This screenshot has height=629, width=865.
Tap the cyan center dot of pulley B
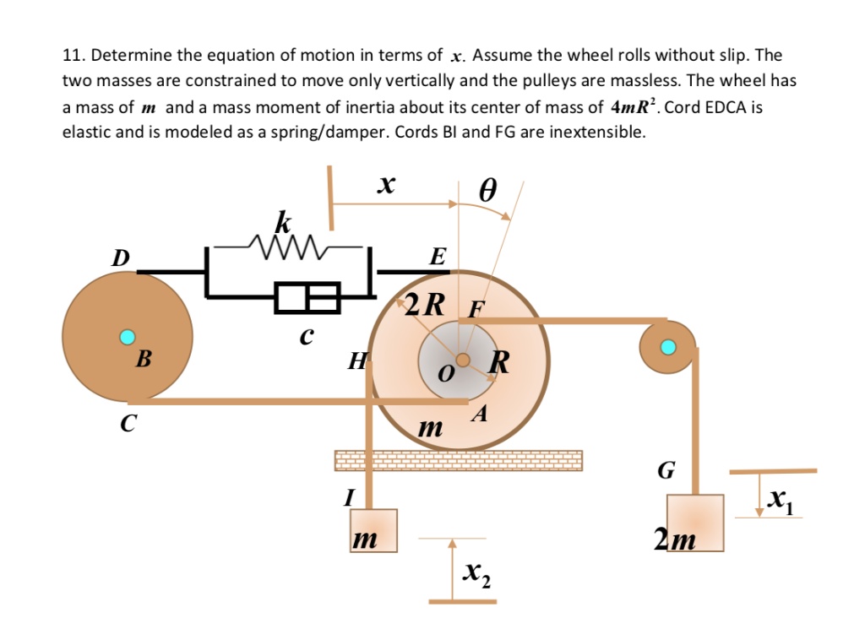click(x=128, y=338)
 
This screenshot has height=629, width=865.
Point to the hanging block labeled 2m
click(x=694, y=523)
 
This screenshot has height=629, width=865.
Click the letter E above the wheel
click(x=436, y=258)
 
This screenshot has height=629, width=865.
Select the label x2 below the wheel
click(x=476, y=574)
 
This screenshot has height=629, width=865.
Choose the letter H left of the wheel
click(x=356, y=362)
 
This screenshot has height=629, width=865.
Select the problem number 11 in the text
click(x=73, y=56)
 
